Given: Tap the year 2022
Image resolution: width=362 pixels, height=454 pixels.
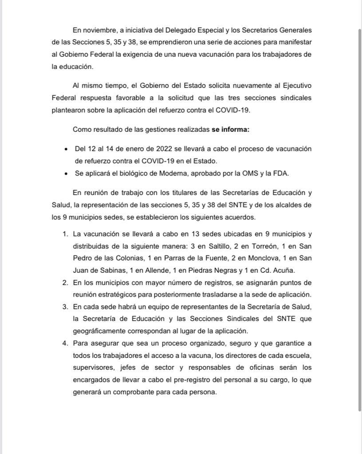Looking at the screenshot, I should click(164, 149).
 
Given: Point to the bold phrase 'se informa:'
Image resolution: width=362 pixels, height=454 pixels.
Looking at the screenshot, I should click(230, 130).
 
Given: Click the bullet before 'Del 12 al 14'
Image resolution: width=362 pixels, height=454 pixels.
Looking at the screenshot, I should click(66, 149).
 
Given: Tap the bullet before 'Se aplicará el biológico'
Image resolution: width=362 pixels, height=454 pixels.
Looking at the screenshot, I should click(66, 174).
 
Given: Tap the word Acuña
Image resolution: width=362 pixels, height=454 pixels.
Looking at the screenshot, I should click(284, 270).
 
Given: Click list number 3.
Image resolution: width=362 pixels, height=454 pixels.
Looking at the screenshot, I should click(65, 307).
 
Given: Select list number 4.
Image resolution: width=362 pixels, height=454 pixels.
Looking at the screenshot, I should click(65, 343).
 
